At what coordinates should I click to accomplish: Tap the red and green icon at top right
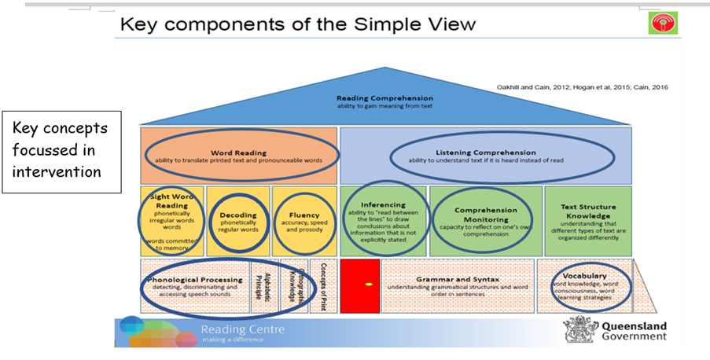tap(663, 23)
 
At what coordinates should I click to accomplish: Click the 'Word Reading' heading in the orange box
tap(239, 152)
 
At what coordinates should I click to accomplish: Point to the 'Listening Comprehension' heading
tap(485, 152)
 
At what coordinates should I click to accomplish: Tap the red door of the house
tap(360, 285)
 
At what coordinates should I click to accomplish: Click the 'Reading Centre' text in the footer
tap(242, 329)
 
